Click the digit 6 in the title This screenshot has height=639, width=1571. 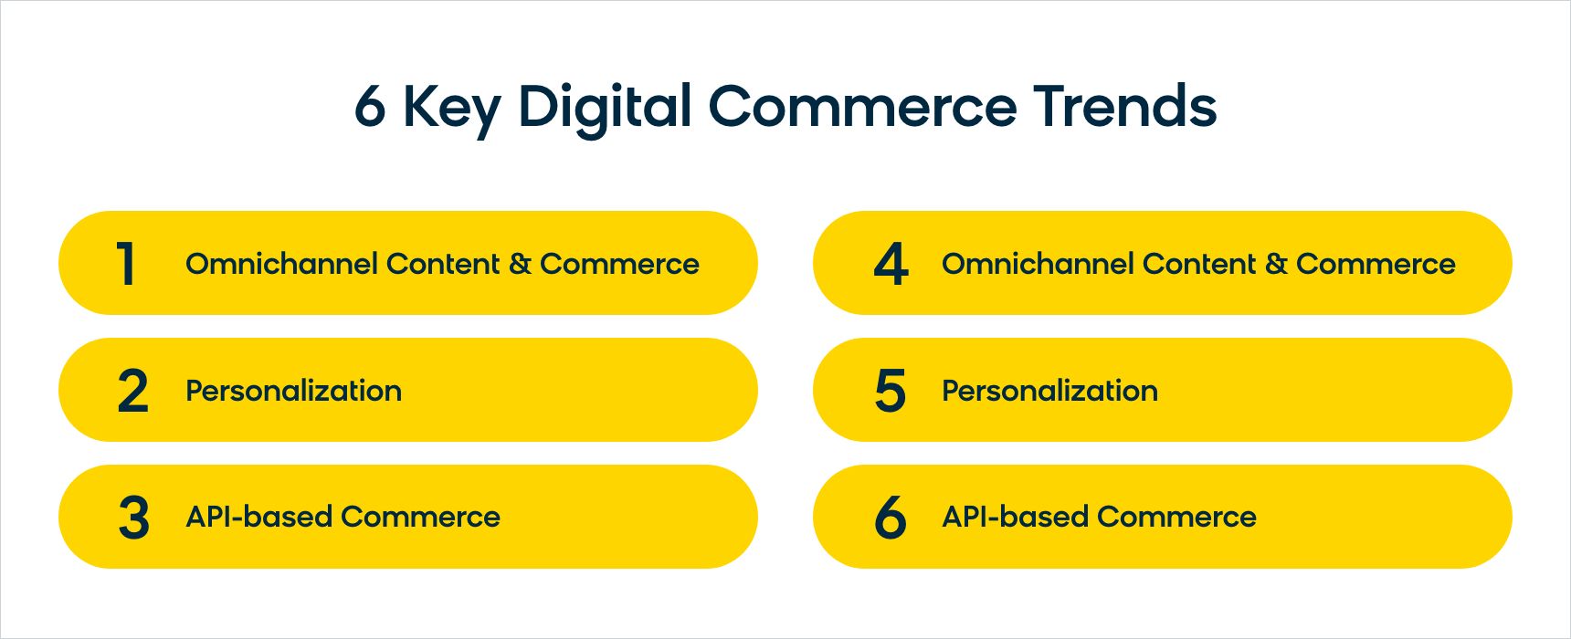click(370, 106)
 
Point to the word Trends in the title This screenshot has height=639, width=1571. click(1125, 105)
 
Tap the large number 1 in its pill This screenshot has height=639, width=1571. click(126, 264)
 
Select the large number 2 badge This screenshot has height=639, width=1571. click(132, 391)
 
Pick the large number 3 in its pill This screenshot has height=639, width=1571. click(133, 518)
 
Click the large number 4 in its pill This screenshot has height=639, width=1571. click(891, 264)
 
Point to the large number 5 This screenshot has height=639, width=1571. click(891, 391)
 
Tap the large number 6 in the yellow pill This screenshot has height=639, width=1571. click(891, 518)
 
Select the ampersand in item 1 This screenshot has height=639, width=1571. click(520, 264)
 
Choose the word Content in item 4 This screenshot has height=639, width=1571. click(1199, 264)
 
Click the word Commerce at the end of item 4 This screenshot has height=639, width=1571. click(1376, 264)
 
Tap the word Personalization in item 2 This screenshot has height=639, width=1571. click(294, 391)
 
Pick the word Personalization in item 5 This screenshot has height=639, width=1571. click(1050, 391)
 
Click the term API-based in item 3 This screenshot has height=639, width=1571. click(259, 517)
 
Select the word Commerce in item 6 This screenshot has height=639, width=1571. click(1176, 517)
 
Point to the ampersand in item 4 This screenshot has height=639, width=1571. click(1276, 264)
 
